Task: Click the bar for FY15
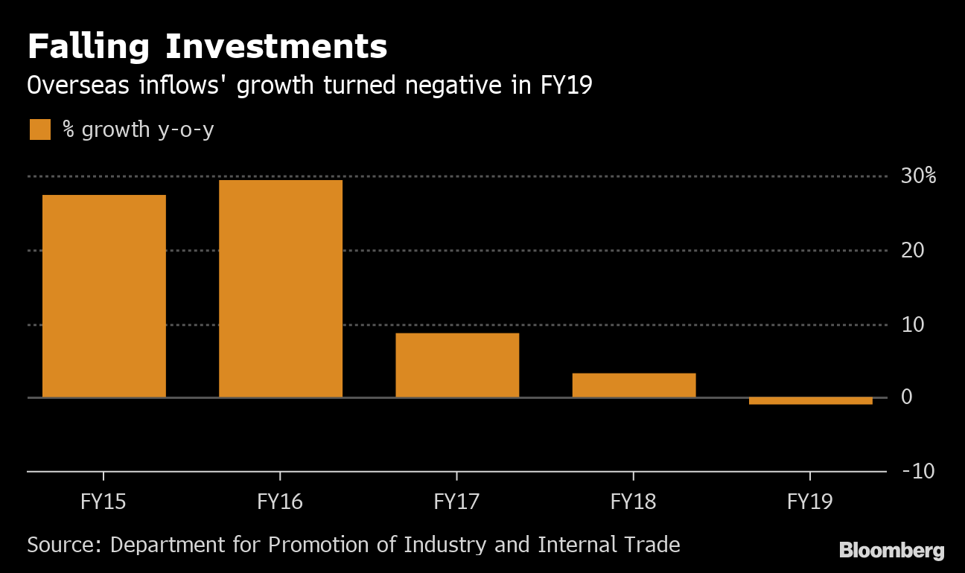(104, 295)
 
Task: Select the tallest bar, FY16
(281, 288)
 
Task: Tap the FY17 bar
(457, 365)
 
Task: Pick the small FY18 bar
(634, 385)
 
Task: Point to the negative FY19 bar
(810, 401)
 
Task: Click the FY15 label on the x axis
(103, 502)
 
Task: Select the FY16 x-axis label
(280, 502)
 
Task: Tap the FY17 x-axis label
(456, 502)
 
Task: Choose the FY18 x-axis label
(633, 502)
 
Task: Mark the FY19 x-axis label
(810, 502)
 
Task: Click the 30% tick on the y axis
(918, 176)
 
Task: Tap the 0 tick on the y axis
(906, 397)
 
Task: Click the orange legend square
(40, 129)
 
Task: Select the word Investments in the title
(276, 48)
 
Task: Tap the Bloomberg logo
(891, 551)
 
